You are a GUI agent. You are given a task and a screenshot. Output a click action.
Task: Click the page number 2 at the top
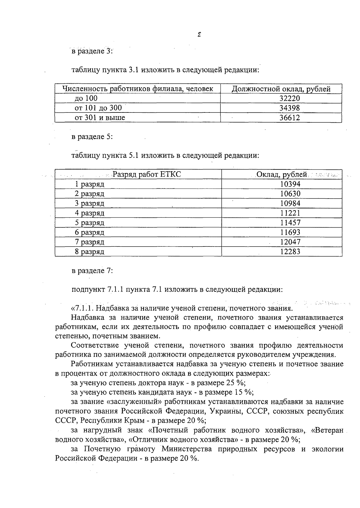(199, 34)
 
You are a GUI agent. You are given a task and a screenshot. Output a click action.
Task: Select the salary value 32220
(289, 98)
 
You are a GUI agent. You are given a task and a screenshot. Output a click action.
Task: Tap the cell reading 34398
(289, 108)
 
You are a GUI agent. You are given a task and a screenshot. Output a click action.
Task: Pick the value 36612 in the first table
(289, 118)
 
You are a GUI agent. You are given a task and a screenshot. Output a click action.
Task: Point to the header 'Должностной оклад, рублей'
(281, 89)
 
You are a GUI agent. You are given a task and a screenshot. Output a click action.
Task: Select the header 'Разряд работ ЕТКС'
(147, 174)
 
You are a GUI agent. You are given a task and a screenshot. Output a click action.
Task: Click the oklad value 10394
(290, 184)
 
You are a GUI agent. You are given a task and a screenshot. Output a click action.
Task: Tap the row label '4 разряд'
(89, 213)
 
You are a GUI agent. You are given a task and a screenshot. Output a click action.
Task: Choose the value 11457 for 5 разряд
(290, 223)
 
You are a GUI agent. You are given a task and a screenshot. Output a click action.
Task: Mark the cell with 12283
(290, 252)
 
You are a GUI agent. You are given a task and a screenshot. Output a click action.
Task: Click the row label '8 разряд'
(89, 252)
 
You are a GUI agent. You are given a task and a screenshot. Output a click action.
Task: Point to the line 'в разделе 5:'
(92, 137)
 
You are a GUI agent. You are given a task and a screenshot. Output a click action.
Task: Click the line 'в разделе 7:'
(92, 270)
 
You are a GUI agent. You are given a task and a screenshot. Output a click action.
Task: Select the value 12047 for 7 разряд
(290, 242)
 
